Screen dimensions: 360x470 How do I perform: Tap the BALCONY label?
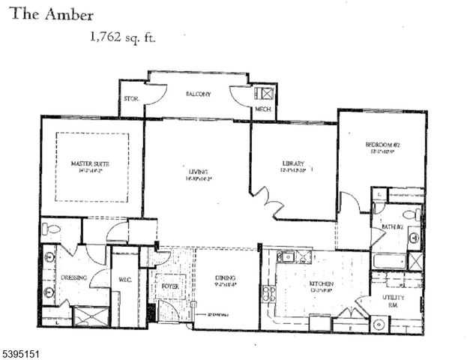(x=198, y=94)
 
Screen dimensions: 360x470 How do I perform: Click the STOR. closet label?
(x=130, y=97)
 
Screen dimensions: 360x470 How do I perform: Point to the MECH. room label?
(x=263, y=109)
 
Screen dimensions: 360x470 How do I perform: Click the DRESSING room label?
(x=73, y=277)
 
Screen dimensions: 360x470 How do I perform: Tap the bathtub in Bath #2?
(x=388, y=262)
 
